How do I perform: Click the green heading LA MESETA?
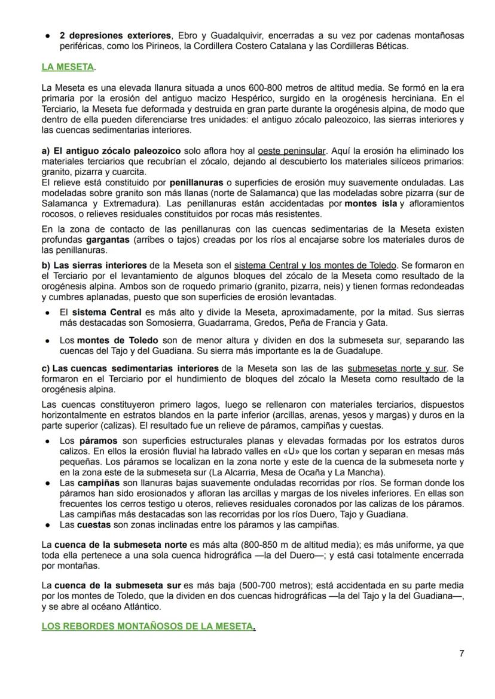click(x=68, y=67)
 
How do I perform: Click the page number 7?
click(x=461, y=653)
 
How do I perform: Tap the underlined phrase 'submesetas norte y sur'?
click(x=396, y=369)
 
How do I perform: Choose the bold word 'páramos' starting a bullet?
click(x=99, y=441)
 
